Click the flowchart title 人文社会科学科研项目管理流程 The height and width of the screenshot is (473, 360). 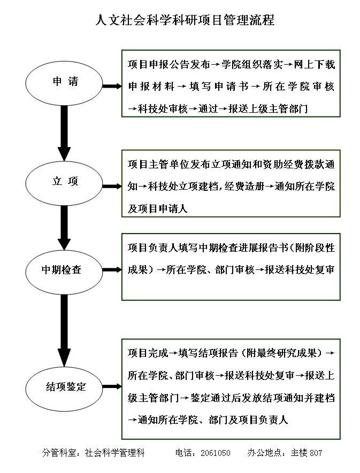click(x=185, y=20)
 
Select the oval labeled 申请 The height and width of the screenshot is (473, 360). click(x=64, y=83)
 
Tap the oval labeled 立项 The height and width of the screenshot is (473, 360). click(x=64, y=183)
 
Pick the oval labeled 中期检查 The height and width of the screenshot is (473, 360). click(x=64, y=272)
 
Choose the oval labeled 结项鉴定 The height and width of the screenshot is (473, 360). click(x=64, y=389)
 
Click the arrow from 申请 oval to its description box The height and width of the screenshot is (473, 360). click(x=112, y=86)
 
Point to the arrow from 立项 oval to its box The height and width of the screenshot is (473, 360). click(x=112, y=187)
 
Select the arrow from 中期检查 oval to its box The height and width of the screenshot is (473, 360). click(x=112, y=270)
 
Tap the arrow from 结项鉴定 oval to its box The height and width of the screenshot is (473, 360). click(x=112, y=386)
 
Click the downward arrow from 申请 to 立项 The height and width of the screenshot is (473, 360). click(x=64, y=133)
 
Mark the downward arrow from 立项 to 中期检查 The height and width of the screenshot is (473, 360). click(x=64, y=228)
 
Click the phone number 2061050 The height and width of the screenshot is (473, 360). click(x=216, y=453)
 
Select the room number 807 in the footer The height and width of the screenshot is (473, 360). click(x=316, y=453)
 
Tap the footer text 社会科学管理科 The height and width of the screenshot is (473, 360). click(x=115, y=453)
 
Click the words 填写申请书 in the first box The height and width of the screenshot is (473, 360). click(x=219, y=87)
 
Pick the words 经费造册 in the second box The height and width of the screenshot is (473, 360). click(x=244, y=187)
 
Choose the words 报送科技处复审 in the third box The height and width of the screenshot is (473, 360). click(x=300, y=270)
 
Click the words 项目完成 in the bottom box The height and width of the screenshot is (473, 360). click(x=148, y=353)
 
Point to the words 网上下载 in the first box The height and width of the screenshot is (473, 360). click(x=315, y=64)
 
